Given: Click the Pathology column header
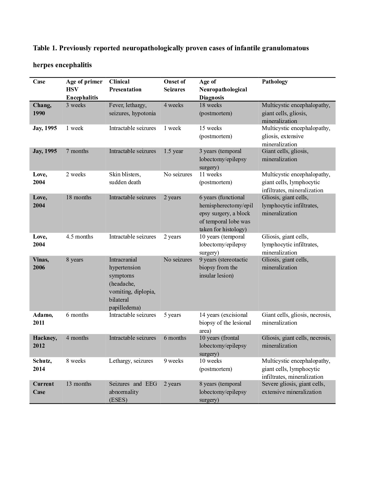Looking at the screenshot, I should click(275, 82).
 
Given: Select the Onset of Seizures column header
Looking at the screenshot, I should click(174, 86).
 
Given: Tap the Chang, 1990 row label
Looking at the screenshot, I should click(42, 109).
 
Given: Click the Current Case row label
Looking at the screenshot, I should click(43, 388).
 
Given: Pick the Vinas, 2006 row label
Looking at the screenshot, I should click(41, 264).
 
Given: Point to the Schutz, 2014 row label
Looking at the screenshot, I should click(42, 365).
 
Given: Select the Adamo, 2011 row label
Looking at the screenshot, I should click(43, 319).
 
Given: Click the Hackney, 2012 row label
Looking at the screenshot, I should click(45, 342).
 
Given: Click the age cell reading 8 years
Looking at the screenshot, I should click(74, 260).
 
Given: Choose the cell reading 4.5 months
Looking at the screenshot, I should click(79, 237).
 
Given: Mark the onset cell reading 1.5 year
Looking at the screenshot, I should click(173, 151).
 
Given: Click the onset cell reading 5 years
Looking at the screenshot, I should click(172, 315).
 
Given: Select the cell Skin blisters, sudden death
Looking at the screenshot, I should click(125, 178).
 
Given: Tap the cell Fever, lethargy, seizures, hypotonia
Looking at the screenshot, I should click(132, 109).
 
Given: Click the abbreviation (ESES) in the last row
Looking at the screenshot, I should click(118, 400).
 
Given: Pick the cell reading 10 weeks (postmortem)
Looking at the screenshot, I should click(216, 365).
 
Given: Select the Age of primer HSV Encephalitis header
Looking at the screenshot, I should click(84, 89).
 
